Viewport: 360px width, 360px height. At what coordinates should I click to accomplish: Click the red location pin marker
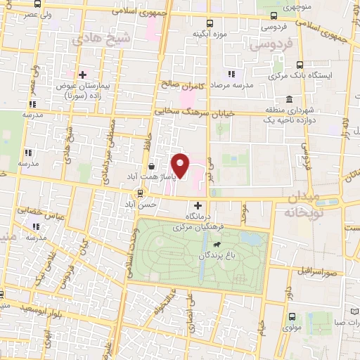pyautogui.click(x=181, y=166)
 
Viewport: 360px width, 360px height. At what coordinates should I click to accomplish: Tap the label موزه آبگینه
pyautogui.click(x=210, y=33)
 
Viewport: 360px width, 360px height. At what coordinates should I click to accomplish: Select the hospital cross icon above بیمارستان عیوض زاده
pyautogui.click(x=82, y=74)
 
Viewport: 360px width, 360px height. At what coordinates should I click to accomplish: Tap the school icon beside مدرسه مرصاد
pyautogui.click(x=230, y=75)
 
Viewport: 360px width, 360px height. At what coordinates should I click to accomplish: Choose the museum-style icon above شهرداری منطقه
pyautogui.click(x=290, y=100)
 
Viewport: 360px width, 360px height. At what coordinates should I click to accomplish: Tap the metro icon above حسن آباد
pyautogui.click(x=141, y=192)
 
